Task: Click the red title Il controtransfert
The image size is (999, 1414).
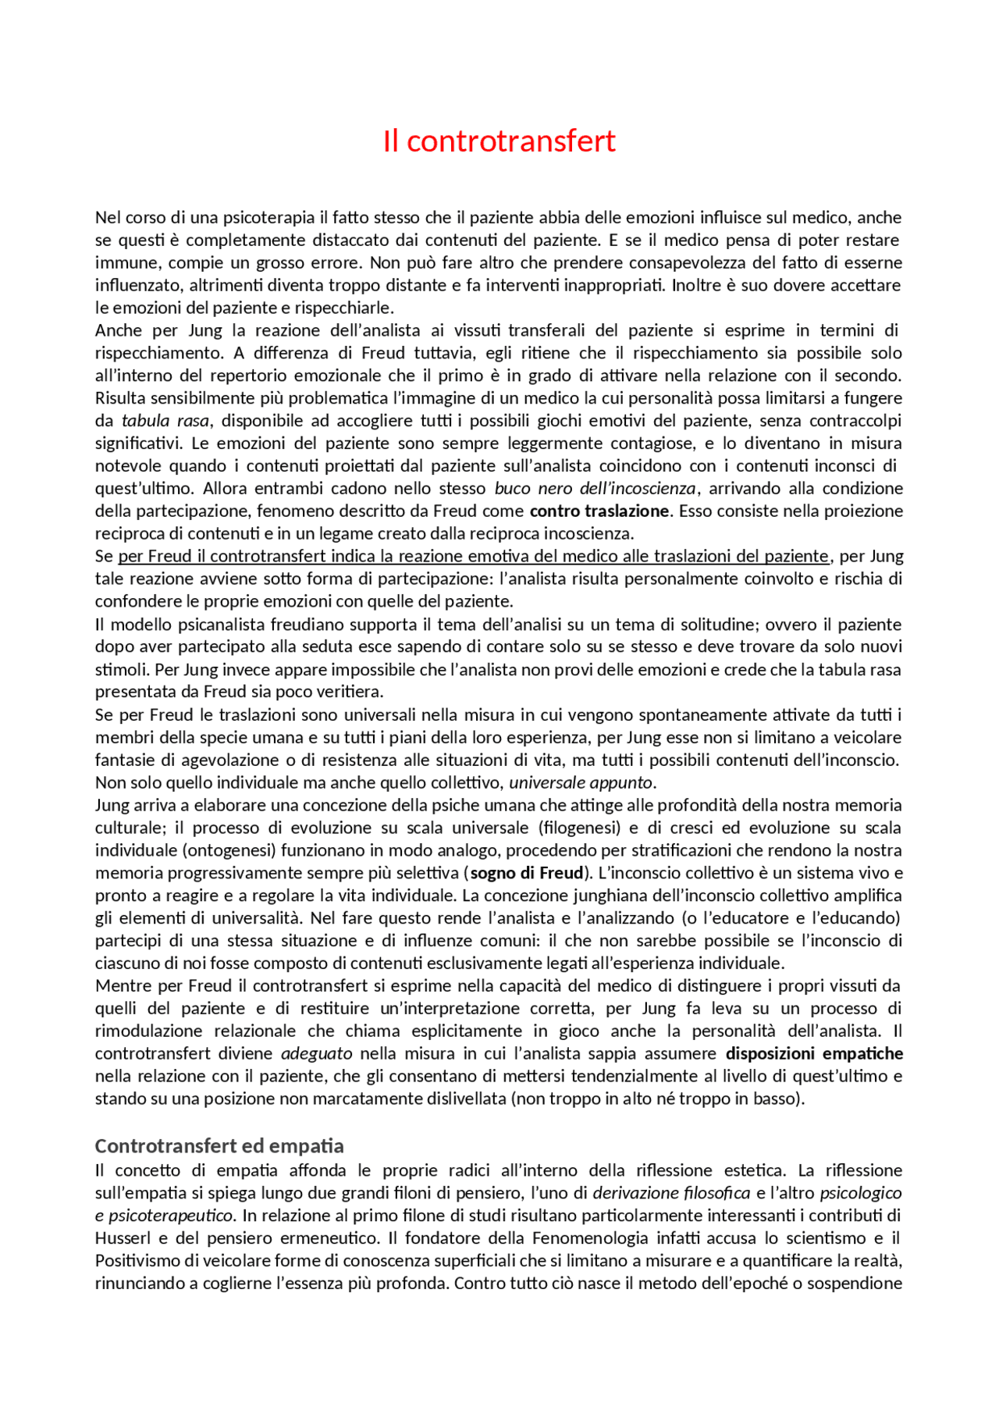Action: coord(499,141)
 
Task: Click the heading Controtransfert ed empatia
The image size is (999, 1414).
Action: coord(219,1145)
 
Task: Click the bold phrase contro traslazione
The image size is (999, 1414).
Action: coord(599,511)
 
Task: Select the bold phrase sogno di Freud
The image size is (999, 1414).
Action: coord(527,873)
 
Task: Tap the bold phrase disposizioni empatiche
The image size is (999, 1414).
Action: coord(814,1054)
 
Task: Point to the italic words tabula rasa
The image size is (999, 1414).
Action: coord(165,421)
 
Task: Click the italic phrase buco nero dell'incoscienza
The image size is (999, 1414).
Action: coord(595,489)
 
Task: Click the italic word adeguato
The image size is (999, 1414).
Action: coord(317,1054)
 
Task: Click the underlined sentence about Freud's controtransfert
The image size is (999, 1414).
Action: coord(473,557)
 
